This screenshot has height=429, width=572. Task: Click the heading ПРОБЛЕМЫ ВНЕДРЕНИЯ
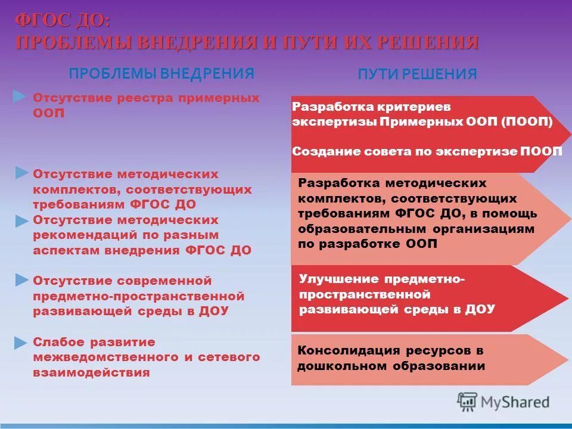(x=161, y=74)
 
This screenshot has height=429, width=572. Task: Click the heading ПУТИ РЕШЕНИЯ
(x=417, y=74)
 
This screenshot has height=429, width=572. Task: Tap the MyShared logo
(x=503, y=402)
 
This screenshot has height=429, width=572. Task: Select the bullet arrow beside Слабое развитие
(x=21, y=343)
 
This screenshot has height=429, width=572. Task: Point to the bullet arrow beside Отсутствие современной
(x=21, y=279)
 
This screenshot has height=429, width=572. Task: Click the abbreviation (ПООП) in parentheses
(x=527, y=122)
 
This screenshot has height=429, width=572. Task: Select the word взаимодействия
(x=91, y=373)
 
